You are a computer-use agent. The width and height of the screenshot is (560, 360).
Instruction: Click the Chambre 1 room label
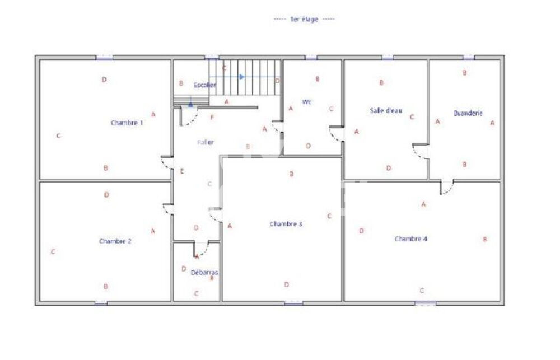127,123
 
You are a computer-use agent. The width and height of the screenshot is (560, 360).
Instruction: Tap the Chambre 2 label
115,241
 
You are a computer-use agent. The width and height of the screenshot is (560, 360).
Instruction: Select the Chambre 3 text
286,224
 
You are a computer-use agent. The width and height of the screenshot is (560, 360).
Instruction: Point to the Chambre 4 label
411,239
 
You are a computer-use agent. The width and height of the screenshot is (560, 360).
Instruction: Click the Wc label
306,102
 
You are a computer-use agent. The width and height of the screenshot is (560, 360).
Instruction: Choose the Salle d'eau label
386,110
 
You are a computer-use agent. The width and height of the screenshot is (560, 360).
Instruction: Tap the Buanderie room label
468,113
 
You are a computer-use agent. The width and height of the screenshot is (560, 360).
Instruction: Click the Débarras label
204,273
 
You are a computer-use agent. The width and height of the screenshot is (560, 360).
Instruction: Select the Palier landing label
205,142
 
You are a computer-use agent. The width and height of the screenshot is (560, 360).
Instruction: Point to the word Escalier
204,85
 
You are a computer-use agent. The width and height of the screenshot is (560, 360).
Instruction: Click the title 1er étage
304,20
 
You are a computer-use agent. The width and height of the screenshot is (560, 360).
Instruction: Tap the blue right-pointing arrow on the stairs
242,77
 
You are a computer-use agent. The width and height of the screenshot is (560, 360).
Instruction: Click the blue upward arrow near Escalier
191,103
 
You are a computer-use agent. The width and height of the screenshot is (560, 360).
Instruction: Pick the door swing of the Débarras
201,247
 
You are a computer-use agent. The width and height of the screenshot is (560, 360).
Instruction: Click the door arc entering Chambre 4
447,189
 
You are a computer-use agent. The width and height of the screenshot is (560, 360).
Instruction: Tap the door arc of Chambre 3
215,214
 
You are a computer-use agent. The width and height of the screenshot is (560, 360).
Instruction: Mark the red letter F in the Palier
212,118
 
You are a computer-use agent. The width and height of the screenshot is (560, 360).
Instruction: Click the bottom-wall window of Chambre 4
425,303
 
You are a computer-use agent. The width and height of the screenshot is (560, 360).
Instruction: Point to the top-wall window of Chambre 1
104,57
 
